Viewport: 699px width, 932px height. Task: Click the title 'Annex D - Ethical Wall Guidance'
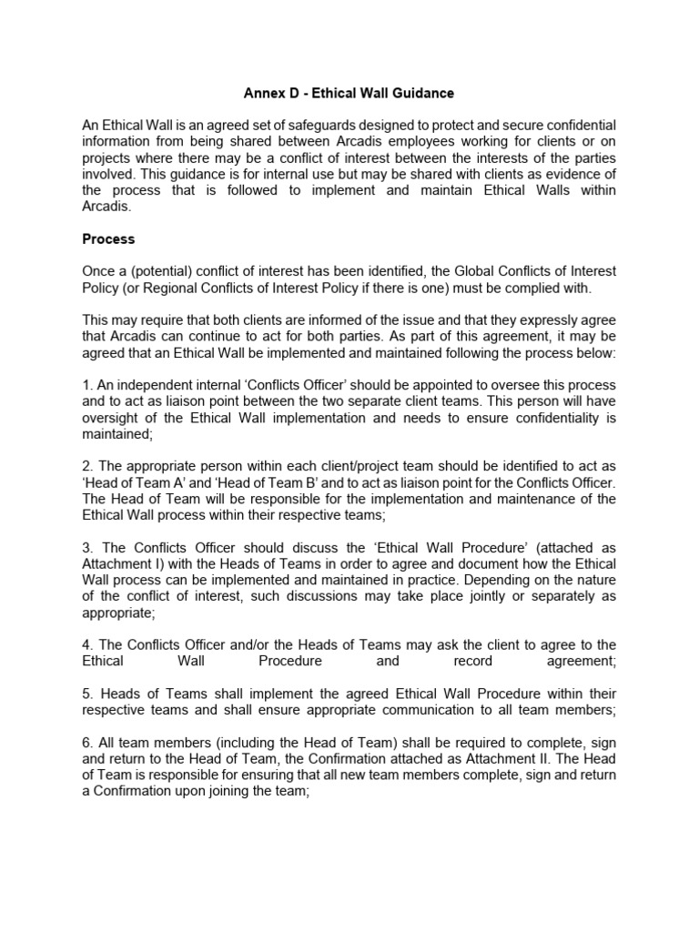[349, 93]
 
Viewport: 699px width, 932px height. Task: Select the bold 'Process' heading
[108, 239]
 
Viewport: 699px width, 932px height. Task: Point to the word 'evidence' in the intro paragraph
[572, 174]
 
